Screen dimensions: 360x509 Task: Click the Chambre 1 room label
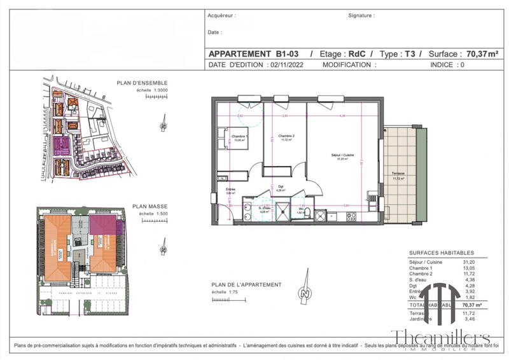(239, 137)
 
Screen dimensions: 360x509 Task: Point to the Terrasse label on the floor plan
(399, 174)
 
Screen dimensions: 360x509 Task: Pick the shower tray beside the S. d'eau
(280, 208)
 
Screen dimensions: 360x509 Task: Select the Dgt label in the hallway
(280, 186)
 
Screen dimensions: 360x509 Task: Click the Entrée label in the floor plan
(231, 189)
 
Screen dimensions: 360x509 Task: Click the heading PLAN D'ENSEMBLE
(142, 83)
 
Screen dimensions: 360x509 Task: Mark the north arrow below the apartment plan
(306, 294)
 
